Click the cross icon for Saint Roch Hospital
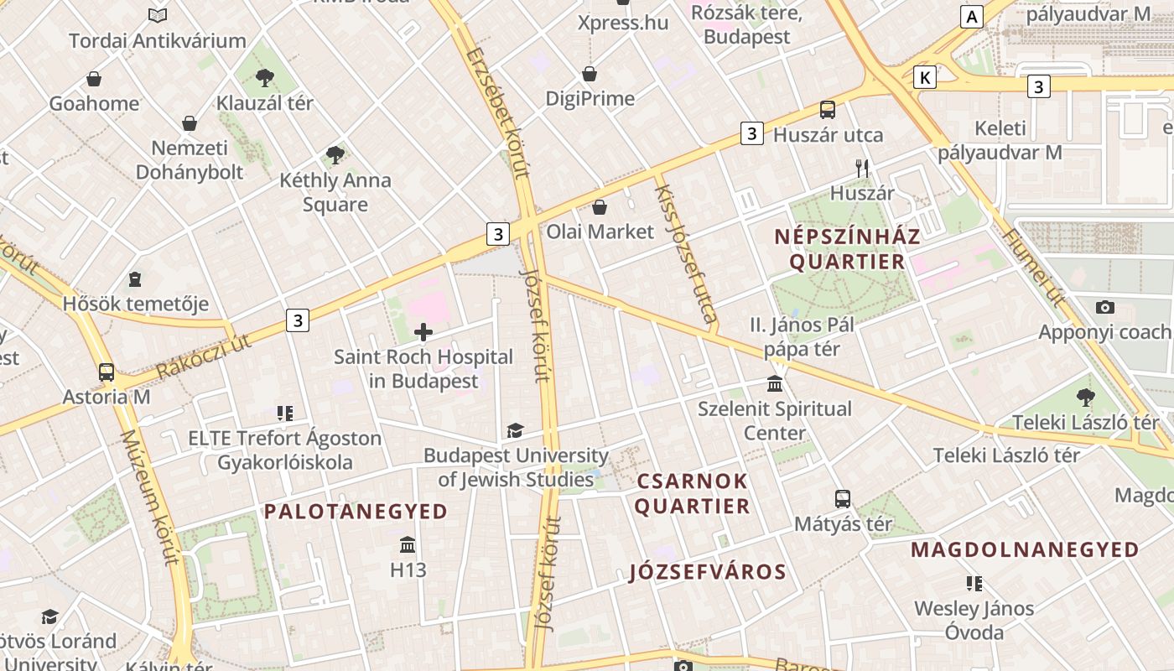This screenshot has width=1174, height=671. (x=423, y=332)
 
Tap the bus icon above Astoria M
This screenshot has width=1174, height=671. (x=106, y=372)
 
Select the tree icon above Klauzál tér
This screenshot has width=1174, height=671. (x=265, y=79)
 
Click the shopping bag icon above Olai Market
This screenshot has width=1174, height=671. (x=600, y=207)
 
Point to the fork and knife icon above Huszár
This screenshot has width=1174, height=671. (x=862, y=168)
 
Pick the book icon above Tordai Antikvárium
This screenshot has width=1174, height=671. (x=158, y=15)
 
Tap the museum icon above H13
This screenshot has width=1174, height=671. (x=408, y=545)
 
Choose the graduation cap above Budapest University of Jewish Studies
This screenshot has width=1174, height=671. (x=515, y=431)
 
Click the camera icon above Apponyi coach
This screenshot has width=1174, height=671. (x=1105, y=307)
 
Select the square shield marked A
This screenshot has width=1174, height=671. (x=972, y=17)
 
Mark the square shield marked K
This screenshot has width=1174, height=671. (x=925, y=78)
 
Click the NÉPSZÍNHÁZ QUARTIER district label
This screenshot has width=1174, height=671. (x=847, y=248)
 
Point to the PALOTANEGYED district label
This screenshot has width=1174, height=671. (x=356, y=511)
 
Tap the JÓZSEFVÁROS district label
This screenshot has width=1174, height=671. (x=708, y=572)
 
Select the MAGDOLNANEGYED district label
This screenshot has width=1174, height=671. (x=1025, y=549)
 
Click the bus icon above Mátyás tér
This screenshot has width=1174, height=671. (x=843, y=499)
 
